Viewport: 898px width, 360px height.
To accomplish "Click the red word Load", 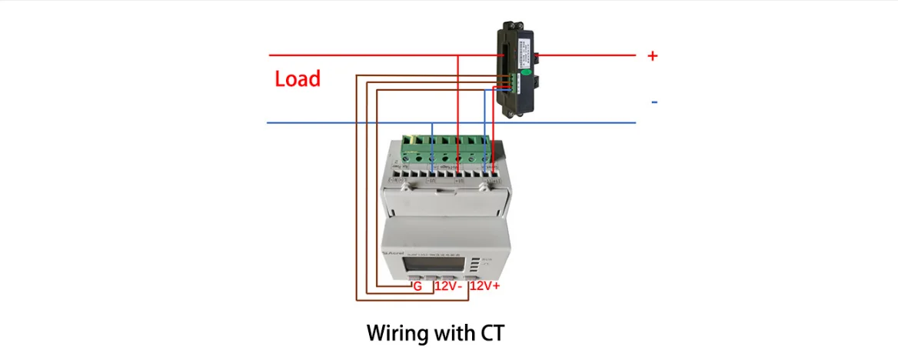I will (x=298, y=79).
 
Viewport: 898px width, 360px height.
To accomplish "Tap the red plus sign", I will (x=653, y=56).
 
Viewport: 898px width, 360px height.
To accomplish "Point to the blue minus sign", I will (x=654, y=102).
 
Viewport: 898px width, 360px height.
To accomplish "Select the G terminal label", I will (x=417, y=286).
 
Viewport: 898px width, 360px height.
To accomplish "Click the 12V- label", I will (x=447, y=286).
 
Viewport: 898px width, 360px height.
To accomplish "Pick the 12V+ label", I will (x=485, y=286).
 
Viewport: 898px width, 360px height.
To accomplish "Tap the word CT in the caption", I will (x=493, y=333).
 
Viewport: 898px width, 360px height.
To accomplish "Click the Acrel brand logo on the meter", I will (x=394, y=252).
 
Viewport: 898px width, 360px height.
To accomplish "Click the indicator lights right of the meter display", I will (x=474, y=266).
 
